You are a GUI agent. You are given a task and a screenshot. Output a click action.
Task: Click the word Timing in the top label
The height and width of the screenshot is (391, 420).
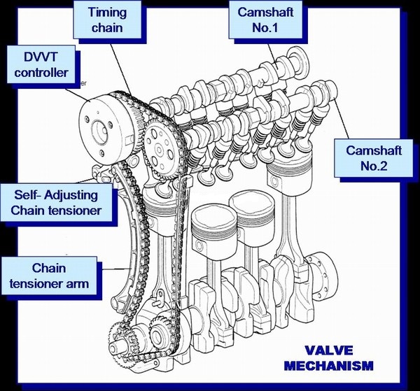pyautogui.click(x=106, y=11)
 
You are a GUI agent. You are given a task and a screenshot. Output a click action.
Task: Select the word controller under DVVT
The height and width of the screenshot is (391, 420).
pyautogui.click(x=41, y=72)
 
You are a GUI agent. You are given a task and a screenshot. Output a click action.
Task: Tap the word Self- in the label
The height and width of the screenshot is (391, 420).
pyautogui.click(x=30, y=192)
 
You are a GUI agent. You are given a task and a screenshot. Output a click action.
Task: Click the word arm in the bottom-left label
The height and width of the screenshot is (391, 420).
pyautogui.click(x=83, y=284)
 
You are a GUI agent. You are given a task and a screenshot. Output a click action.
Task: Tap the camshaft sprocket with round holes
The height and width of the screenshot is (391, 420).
pyautogui.click(x=162, y=147)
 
